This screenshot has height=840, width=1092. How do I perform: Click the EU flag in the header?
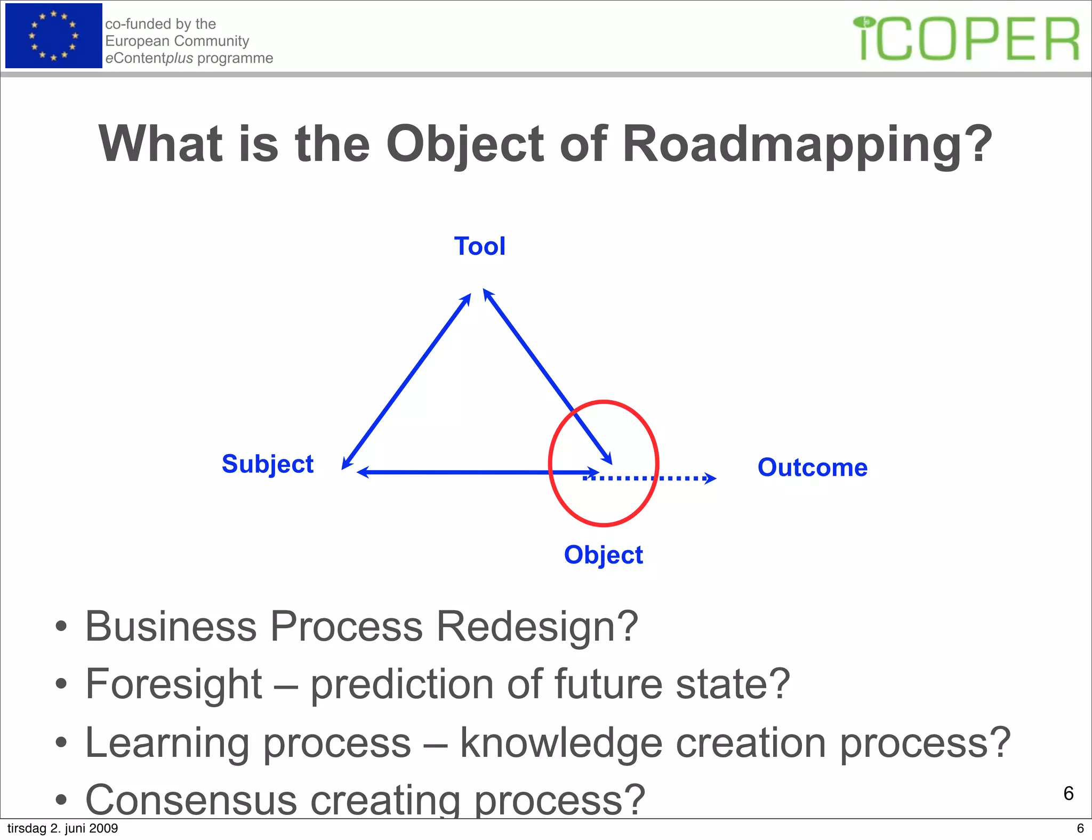53,36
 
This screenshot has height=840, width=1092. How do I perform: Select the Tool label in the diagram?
479,247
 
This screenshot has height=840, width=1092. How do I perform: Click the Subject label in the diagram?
267,464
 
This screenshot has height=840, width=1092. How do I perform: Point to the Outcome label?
812,467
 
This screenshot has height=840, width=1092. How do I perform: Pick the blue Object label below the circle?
603,555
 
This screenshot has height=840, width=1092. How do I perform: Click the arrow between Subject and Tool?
406,381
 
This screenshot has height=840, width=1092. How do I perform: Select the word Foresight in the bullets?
174,684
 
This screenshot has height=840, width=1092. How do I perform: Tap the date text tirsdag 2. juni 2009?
62,828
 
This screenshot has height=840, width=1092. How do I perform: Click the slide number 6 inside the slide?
1068,793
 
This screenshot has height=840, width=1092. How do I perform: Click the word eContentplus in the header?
149,58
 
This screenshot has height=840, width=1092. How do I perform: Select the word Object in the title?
464,144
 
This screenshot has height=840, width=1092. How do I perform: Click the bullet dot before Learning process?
61,742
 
